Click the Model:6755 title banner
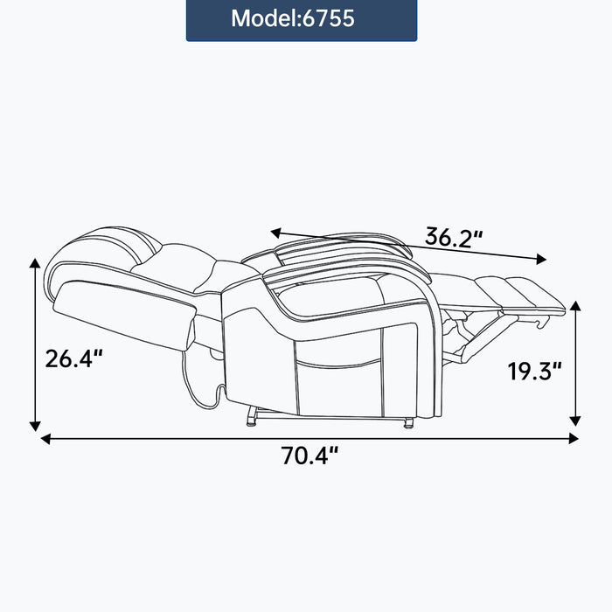(302, 19)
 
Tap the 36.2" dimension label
(454, 237)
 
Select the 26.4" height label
(73, 358)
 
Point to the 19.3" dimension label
(534, 372)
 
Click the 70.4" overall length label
(309, 456)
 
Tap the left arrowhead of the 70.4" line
(46, 439)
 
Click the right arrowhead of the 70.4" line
(574, 439)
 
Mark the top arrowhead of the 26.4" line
(35, 263)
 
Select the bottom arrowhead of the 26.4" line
(35, 427)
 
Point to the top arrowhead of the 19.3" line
(574, 306)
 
